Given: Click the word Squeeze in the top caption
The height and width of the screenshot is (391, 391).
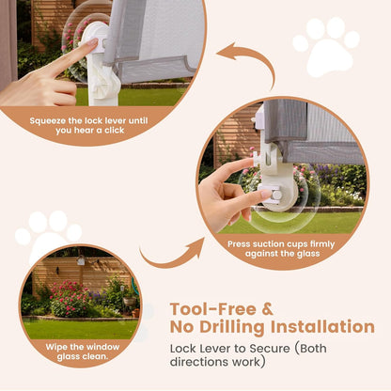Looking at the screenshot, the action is coord(48,121).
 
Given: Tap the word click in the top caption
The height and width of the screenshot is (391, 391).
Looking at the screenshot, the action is coord(115,131).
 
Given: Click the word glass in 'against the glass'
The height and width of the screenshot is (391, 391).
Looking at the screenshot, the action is coord(308,254).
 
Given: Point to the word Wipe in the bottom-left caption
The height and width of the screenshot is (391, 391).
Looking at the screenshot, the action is coord(56,347).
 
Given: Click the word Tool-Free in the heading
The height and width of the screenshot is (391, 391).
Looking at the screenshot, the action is coord(213,309).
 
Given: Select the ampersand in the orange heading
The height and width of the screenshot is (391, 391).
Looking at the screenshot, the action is coord(267,309).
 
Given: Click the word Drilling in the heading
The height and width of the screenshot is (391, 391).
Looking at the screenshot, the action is coord(232,327).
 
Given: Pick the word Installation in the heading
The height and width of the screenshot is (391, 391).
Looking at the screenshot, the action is coord(322,326).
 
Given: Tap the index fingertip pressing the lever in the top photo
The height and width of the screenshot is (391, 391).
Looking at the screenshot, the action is coord(92,42).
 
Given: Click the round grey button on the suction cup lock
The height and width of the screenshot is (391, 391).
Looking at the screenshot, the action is coord(276,195).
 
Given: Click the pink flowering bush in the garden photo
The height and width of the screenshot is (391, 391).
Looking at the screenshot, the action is coord(70,298).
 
